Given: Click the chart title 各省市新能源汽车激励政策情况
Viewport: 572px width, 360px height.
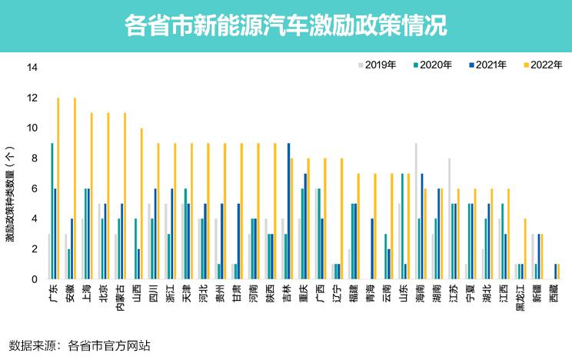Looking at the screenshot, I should (285, 25).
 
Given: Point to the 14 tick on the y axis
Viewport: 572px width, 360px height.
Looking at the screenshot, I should (32, 68).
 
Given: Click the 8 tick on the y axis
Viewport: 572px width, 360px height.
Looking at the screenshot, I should (34, 158).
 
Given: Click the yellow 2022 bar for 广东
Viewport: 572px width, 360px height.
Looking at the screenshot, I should (58, 188).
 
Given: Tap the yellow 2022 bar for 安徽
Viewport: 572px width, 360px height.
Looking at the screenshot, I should (75, 188).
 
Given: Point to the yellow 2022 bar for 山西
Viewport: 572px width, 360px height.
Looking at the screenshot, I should (141, 203).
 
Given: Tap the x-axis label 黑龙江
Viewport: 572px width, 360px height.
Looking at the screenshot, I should (520, 299).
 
